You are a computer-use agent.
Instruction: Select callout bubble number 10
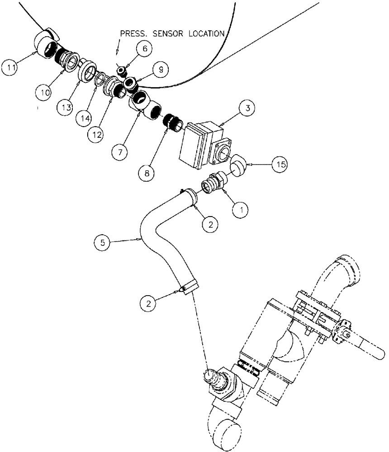[44, 92]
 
